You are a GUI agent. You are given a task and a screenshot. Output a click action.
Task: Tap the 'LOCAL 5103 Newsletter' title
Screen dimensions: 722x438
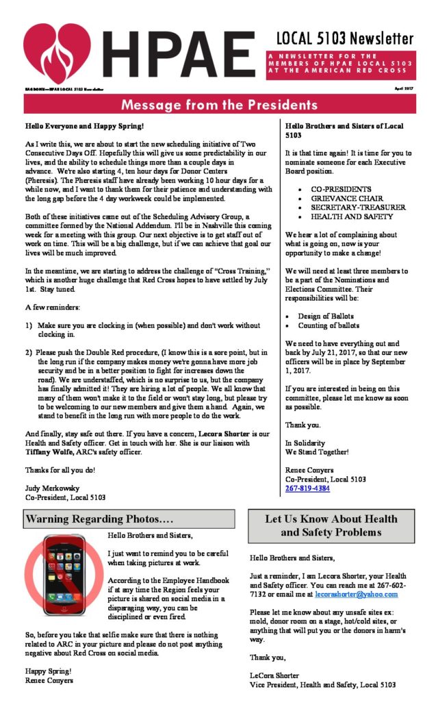click(x=345, y=38)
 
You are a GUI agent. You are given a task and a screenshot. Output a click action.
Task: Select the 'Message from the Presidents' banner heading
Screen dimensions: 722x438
click(x=219, y=105)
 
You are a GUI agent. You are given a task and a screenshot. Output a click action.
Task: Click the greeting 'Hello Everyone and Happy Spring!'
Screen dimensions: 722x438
click(x=85, y=127)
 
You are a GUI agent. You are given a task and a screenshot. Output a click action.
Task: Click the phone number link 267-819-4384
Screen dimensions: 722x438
click(x=307, y=488)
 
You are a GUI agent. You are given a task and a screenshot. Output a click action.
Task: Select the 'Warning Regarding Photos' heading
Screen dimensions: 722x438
click(x=99, y=519)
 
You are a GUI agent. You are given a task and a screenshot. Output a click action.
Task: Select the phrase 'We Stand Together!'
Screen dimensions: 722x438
click(x=317, y=452)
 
